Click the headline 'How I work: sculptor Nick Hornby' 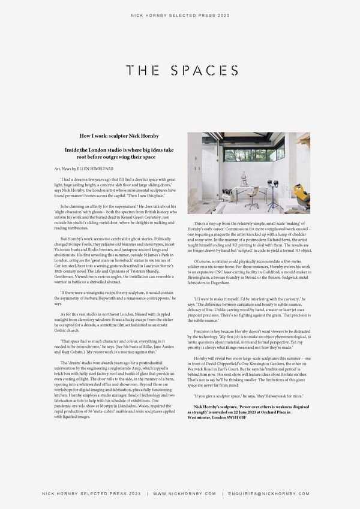click(123, 136)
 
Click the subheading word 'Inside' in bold click(73, 149)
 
